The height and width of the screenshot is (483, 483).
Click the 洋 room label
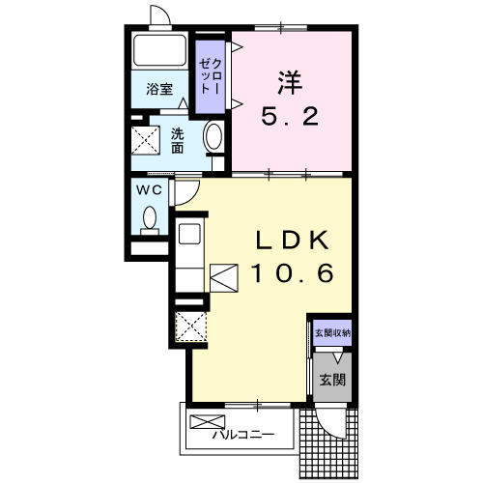[291, 83]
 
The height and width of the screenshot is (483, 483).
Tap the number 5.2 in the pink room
[290, 117]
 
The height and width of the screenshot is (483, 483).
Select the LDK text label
[292, 241]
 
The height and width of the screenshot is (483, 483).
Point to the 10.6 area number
[293, 273]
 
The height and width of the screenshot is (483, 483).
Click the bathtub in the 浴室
[159, 50]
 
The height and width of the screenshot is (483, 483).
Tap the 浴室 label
[159, 89]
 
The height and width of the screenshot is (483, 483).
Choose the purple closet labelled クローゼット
[211, 76]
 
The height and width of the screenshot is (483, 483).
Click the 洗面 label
[177, 140]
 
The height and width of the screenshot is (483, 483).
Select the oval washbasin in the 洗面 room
[213, 136]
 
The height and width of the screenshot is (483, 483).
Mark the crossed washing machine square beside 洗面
[146, 140]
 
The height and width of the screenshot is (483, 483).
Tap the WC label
[149, 190]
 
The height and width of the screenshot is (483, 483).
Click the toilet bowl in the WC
[150, 217]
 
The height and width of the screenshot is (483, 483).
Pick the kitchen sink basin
[189, 234]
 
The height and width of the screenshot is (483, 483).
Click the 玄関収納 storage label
[332, 333]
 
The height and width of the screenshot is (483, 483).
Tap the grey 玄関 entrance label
[332, 380]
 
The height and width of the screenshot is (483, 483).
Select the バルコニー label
[243, 435]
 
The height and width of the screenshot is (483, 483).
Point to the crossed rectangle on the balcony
[208, 422]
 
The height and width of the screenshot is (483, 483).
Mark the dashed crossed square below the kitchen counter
[191, 327]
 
